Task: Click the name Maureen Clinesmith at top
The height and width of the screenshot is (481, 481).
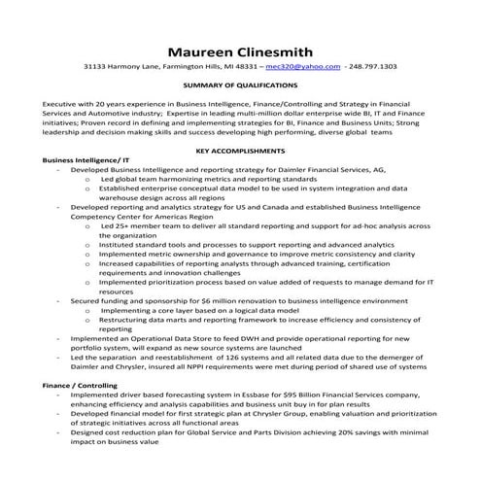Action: pyautogui.click(x=240, y=50)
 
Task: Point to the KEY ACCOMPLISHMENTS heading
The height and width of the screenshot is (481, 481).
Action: pyautogui.click(x=240, y=152)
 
